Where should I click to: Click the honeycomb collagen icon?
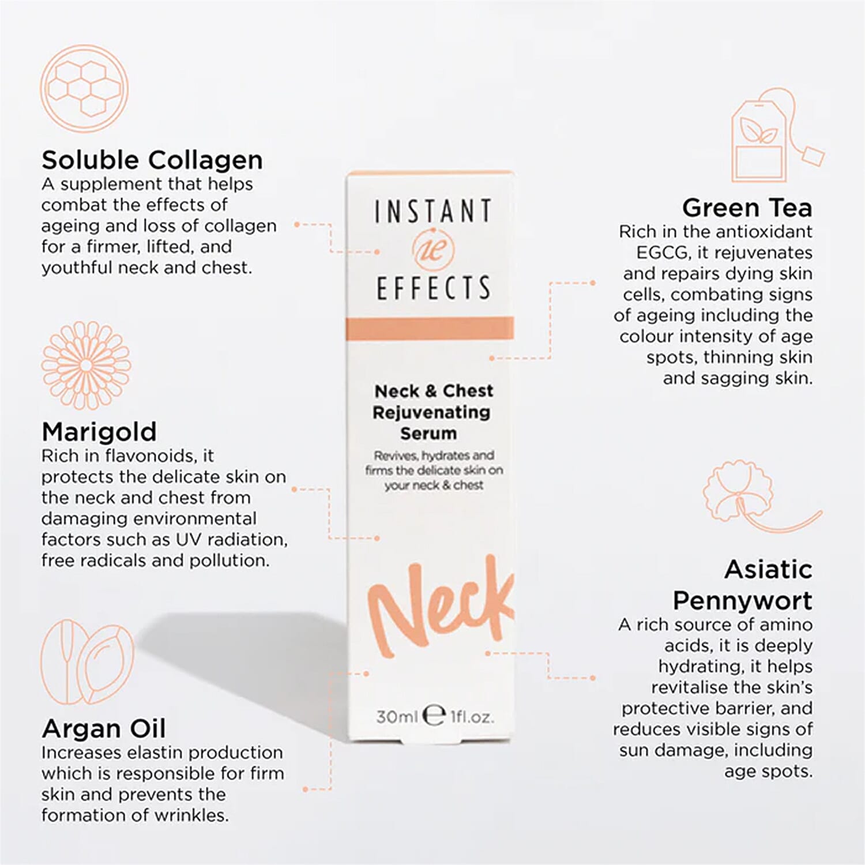tap(84, 89)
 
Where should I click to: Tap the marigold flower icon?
tap(86, 365)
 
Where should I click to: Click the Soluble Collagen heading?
tap(152, 160)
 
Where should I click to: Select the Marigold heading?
tap(99, 431)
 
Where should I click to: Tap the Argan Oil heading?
tap(104, 728)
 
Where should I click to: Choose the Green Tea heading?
tap(747, 208)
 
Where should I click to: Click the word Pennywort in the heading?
tap(742, 600)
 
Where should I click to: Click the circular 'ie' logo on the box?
tap(434, 249)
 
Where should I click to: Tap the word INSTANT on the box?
tap(433, 211)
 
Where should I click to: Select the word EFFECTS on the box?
tap(433, 288)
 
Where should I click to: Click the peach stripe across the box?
tap(430, 328)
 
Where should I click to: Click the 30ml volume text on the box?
tap(396, 717)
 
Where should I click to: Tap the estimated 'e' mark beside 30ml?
tap(434, 715)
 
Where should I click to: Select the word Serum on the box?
tap(428, 433)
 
